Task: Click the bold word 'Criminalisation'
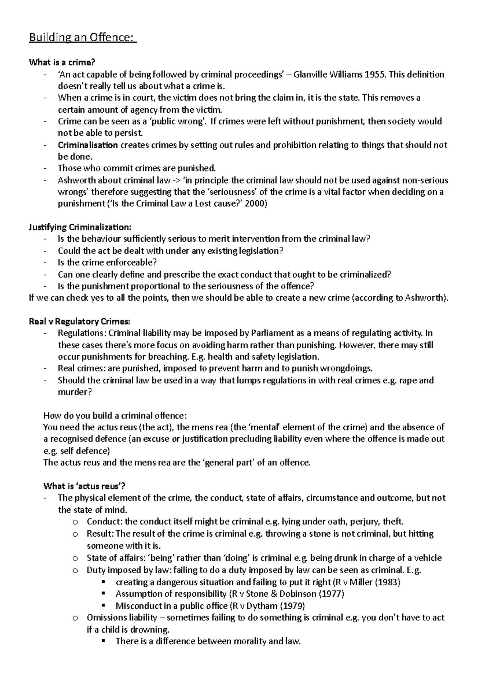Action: [x=88, y=145]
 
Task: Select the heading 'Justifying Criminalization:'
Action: [x=80, y=227]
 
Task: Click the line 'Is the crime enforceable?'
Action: [x=108, y=263]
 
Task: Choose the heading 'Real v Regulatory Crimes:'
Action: [x=79, y=321]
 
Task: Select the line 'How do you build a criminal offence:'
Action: [x=115, y=416]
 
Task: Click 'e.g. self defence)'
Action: [x=76, y=451]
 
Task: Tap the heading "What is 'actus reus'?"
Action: [x=84, y=486]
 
